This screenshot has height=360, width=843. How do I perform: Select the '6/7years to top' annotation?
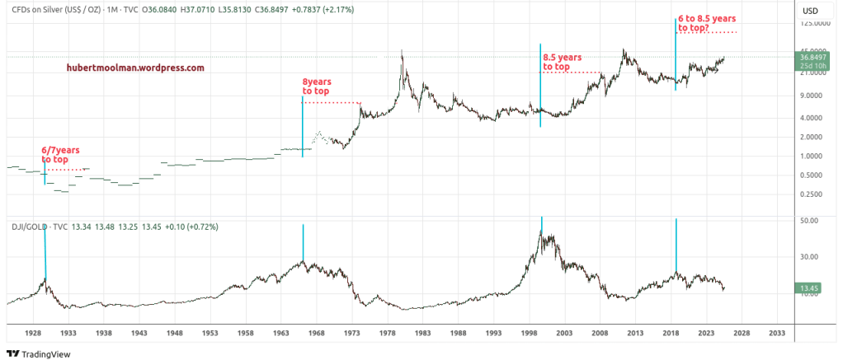click(x=60, y=155)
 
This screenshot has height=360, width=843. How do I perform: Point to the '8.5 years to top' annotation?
click(x=562, y=62)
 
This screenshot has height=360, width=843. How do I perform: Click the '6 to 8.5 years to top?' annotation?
click(x=707, y=23)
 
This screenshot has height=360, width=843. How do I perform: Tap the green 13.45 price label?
click(x=808, y=288)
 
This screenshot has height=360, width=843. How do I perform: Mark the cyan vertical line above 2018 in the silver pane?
click(x=676, y=54)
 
